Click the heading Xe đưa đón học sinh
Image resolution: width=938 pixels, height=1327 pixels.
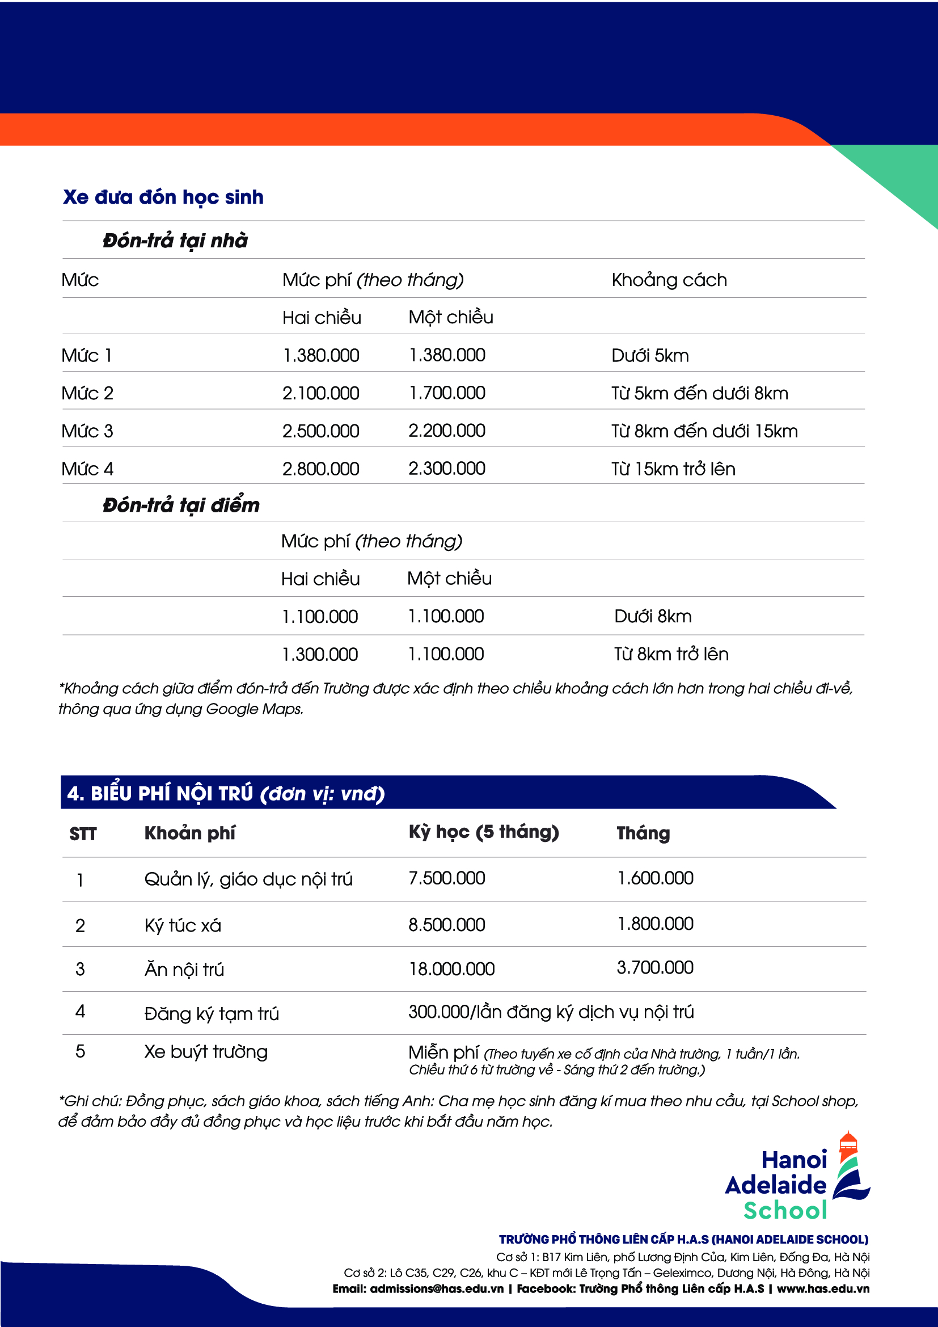pos(163,197)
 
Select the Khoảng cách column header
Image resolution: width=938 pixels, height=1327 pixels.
pos(669,280)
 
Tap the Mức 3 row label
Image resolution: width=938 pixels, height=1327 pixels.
pos(87,431)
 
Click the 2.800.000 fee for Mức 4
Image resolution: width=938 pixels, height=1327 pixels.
pos(320,469)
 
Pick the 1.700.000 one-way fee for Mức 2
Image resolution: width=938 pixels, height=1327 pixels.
pos(447,393)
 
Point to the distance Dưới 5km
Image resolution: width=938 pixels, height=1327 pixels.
pos(650,356)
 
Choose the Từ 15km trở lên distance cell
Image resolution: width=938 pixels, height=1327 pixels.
pos(673,469)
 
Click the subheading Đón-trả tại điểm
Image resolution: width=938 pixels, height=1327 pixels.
pos(181,505)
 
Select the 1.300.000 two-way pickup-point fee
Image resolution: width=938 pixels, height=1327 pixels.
pos(320,654)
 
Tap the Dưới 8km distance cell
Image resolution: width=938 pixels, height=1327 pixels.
pos(653,616)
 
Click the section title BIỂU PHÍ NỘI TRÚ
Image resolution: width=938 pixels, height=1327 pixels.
pos(225,793)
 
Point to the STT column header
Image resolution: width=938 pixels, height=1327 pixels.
pos(83,833)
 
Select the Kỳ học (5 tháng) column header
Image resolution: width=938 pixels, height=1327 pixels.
pos(483,832)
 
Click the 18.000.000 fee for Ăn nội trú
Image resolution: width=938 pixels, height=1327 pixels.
pos(451,968)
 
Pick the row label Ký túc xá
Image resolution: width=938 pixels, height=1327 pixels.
pos(183,925)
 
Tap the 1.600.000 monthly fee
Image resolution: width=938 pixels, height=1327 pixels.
pos(655,878)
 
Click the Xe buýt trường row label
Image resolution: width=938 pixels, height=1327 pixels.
pos(206,1052)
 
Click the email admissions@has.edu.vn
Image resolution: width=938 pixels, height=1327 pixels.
pos(437,1288)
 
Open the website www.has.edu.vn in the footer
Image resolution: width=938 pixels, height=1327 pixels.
pos(822,1288)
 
